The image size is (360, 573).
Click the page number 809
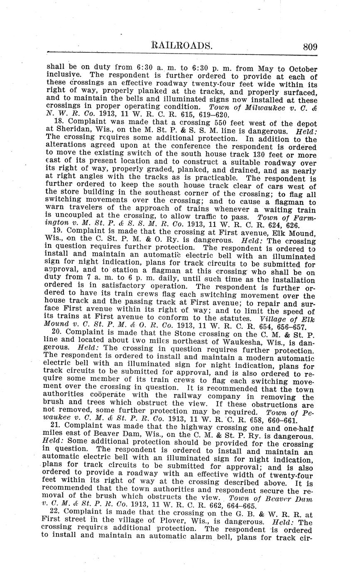pos(310,47)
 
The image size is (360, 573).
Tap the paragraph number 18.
pos(61,122)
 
